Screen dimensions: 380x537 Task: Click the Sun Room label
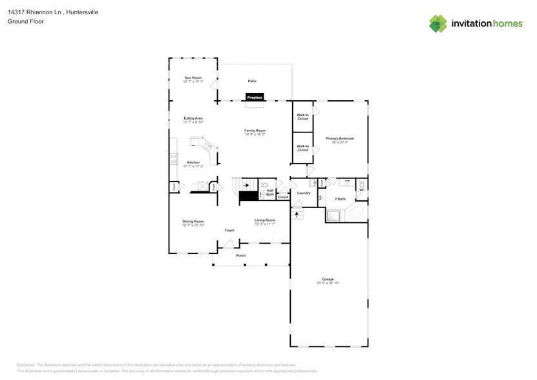coord(193,78)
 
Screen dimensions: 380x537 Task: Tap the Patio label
coord(252,81)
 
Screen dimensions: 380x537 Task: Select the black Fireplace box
coord(254,97)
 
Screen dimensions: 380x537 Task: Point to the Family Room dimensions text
coord(255,134)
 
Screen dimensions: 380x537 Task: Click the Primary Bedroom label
coord(339,138)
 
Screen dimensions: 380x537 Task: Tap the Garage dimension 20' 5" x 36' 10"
coord(328,283)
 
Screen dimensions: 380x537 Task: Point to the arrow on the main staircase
coord(246,185)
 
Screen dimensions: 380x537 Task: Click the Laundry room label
coord(304,193)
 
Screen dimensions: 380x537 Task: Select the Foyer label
coord(229,230)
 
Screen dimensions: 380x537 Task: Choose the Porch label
coord(240,255)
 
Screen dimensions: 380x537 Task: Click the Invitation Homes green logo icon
coord(438,24)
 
